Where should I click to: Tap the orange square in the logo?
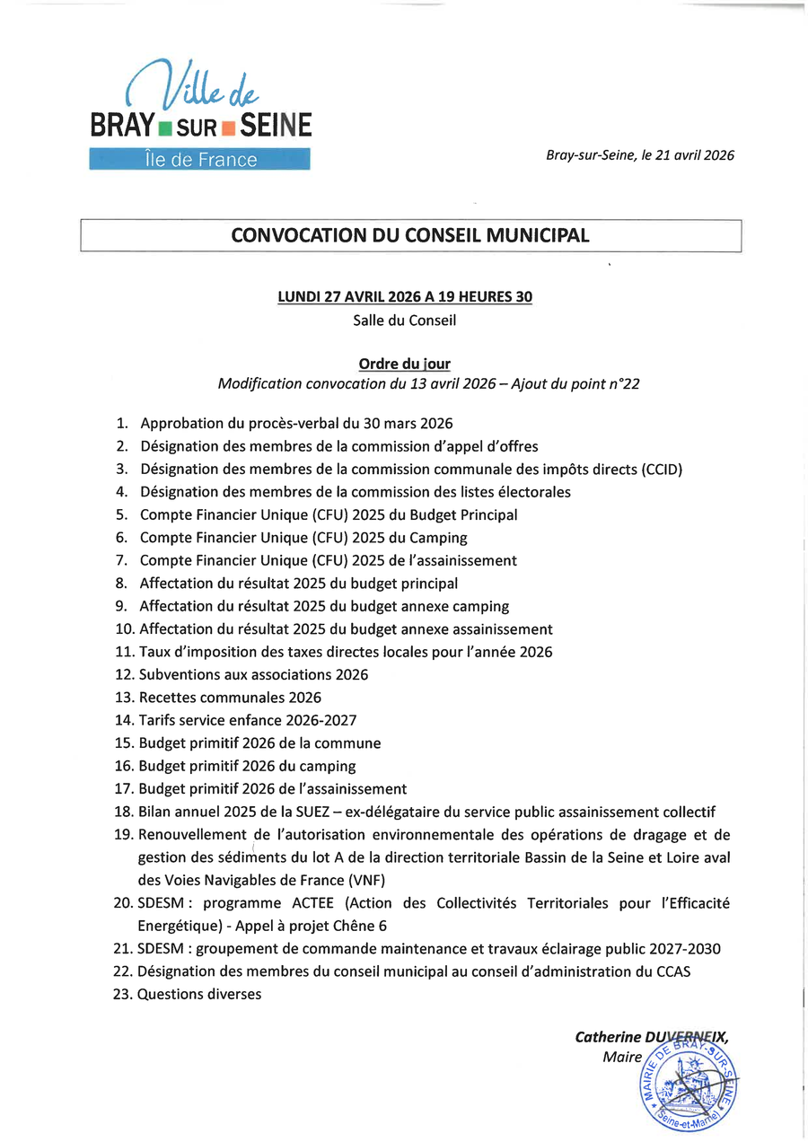pyautogui.click(x=228, y=127)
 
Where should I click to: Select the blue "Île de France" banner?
pyautogui.click(x=199, y=160)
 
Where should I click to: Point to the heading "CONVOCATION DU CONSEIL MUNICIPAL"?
pyautogui.click(x=410, y=236)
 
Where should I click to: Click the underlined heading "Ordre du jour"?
pyautogui.click(x=404, y=364)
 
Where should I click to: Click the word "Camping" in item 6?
pyautogui.click(x=438, y=538)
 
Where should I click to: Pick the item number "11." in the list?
pyautogui.click(x=124, y=652)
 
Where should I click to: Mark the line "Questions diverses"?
pyautogui.click(x=199, y=995)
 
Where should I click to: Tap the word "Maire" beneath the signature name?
pyautogui.click(x=622, y=1058)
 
